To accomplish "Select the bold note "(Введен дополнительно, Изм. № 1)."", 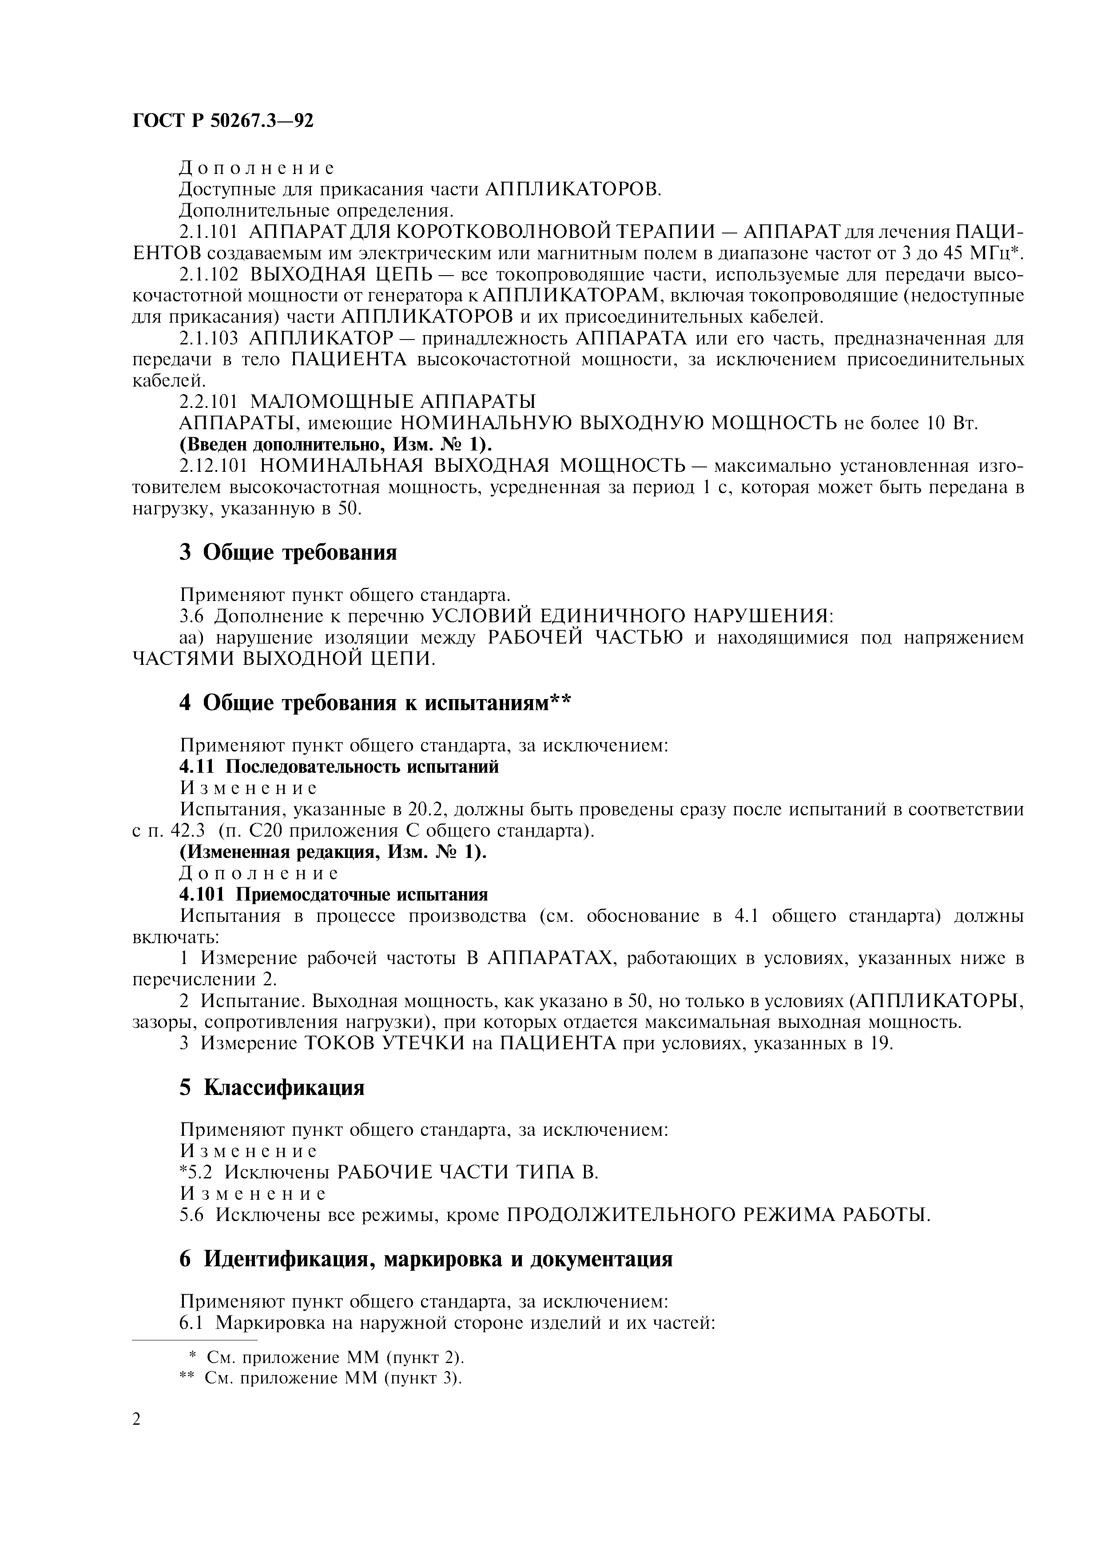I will click(336, 445).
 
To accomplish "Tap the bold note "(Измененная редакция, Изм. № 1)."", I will click(333, 853).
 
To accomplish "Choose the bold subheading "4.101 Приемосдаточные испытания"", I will click(333, 895).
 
